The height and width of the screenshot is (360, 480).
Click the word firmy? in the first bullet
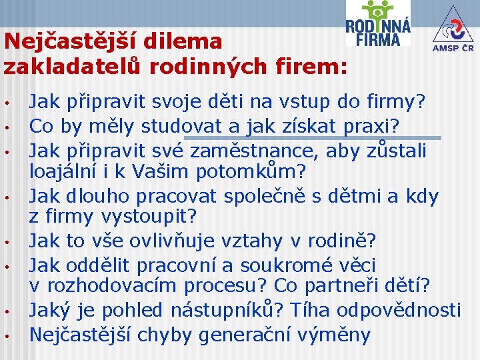tap(397, 103)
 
